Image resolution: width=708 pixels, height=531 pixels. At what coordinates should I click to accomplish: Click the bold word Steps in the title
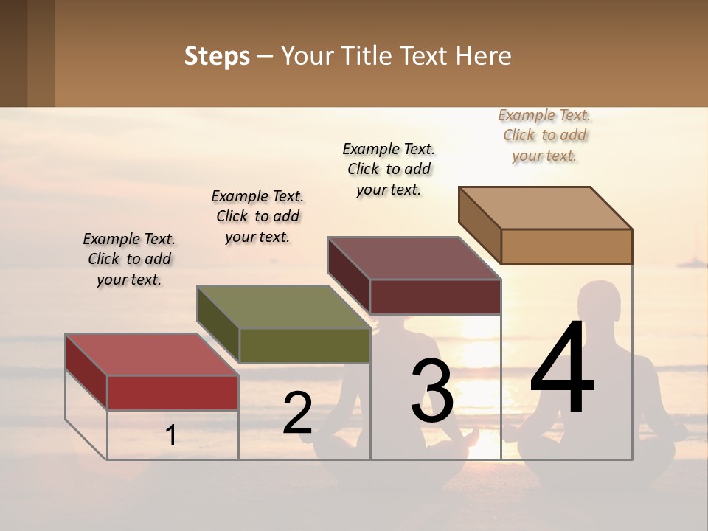(x=217, y=56)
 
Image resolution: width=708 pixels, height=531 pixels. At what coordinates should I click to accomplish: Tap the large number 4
(x=563, y=369)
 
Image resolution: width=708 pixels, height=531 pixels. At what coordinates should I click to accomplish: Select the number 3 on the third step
(x=432, y=391)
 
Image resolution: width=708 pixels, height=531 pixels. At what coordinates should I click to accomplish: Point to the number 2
(x=297, y=413)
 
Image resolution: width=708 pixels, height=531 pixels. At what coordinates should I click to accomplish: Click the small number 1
(x=171, y=435)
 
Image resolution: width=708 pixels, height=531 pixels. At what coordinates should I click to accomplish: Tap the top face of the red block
(x=151, y=354)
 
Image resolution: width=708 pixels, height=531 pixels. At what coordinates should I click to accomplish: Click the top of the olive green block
(x=284, y=306)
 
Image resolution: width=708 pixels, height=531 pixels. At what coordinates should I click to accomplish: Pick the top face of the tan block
(x=546, y=207)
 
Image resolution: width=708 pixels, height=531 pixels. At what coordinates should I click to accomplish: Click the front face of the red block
(x=173, y=392)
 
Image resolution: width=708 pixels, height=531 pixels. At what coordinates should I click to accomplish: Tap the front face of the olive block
(x=305, y=345)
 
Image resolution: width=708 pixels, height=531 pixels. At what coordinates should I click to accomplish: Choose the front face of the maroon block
(x=435, y=296)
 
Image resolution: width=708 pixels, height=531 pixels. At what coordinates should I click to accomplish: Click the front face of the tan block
(x=566, y=246)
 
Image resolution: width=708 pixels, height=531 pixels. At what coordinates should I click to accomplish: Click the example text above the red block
(x=129, y=259)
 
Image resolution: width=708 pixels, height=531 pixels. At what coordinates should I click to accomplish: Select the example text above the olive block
(x=257, y=216)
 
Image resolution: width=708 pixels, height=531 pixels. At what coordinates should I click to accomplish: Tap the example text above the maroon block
(x=389, y=169)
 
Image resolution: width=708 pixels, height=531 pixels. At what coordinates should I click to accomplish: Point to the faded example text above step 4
(x=545, y=135)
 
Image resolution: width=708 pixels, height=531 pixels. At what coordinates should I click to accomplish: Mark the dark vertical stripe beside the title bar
(x=41, y=53)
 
